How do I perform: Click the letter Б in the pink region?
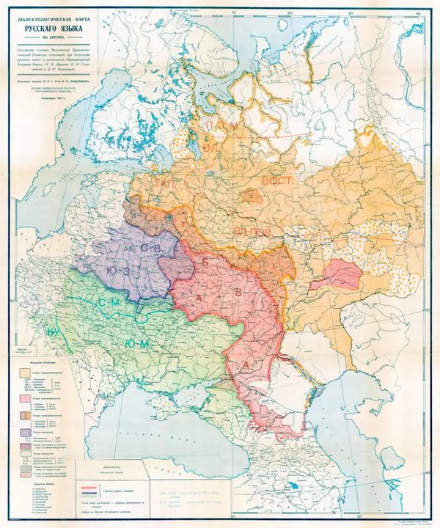point(206,261)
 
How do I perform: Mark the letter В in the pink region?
point(237,293)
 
